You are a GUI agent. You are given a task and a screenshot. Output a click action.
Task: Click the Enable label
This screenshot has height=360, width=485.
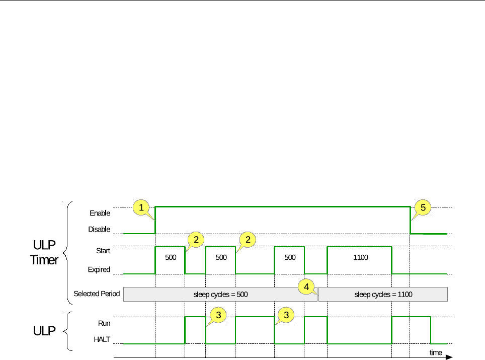click(x=100, y=213)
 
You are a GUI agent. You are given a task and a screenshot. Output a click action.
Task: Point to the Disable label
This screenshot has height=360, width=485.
click(x=99, y=229)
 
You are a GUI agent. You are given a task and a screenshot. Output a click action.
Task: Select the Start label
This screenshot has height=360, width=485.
click(x=103, y=250)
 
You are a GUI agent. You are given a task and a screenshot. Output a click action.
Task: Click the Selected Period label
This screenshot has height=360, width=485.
click(x=97, y=294)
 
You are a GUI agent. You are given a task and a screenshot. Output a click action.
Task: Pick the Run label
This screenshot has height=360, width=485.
click(x=104, y=324)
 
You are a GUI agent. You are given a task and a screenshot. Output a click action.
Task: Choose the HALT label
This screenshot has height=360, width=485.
click(x=102, y=340)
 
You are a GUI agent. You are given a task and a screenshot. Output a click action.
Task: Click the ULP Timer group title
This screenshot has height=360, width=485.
click(x=45, y=254)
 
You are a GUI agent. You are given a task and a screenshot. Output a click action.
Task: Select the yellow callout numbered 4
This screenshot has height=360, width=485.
click(x=306, y=286)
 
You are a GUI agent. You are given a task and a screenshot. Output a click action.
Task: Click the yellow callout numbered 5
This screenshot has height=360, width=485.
click(x=423, y=207)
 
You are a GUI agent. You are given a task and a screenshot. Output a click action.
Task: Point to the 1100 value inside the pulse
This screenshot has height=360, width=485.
click(x=361, y=258)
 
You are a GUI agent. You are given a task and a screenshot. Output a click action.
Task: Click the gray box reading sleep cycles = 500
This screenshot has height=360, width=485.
click(x=220, y=294)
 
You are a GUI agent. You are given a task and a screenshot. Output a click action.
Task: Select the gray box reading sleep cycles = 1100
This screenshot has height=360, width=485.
click(x=383, y=294)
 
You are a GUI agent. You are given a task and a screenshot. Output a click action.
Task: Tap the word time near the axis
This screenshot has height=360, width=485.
click(x=436, y=352)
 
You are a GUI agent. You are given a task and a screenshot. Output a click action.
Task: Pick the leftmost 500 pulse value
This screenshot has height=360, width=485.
click(x=170, y=257)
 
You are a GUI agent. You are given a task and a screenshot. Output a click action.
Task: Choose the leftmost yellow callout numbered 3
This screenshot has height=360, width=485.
click(x=217, y=315)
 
